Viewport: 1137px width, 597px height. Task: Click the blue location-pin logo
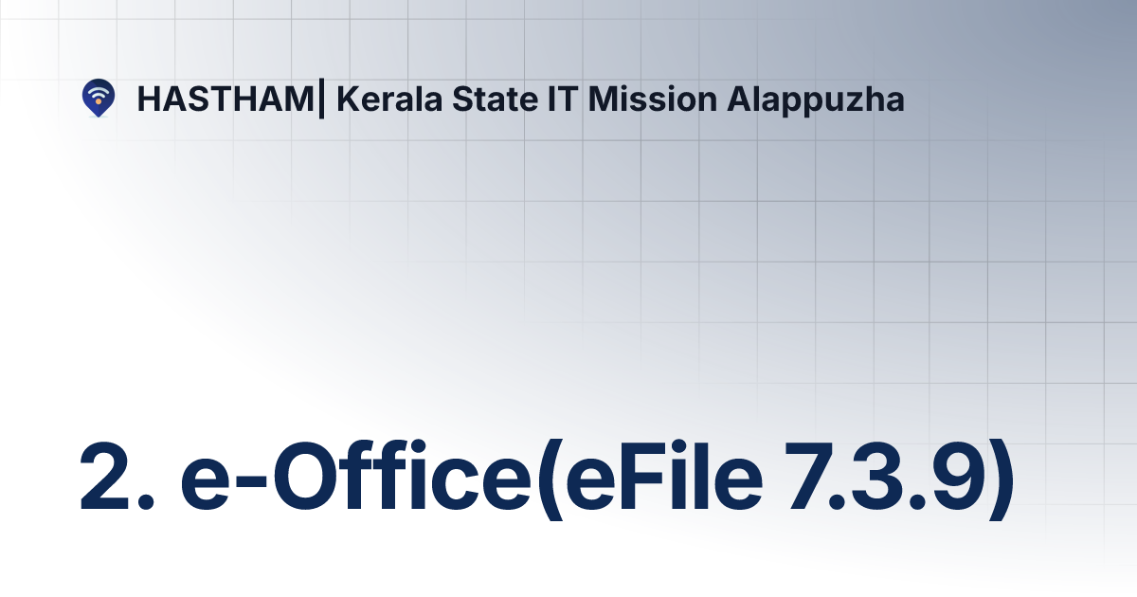(98, 98)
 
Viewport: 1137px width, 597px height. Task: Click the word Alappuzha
(816, 99)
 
